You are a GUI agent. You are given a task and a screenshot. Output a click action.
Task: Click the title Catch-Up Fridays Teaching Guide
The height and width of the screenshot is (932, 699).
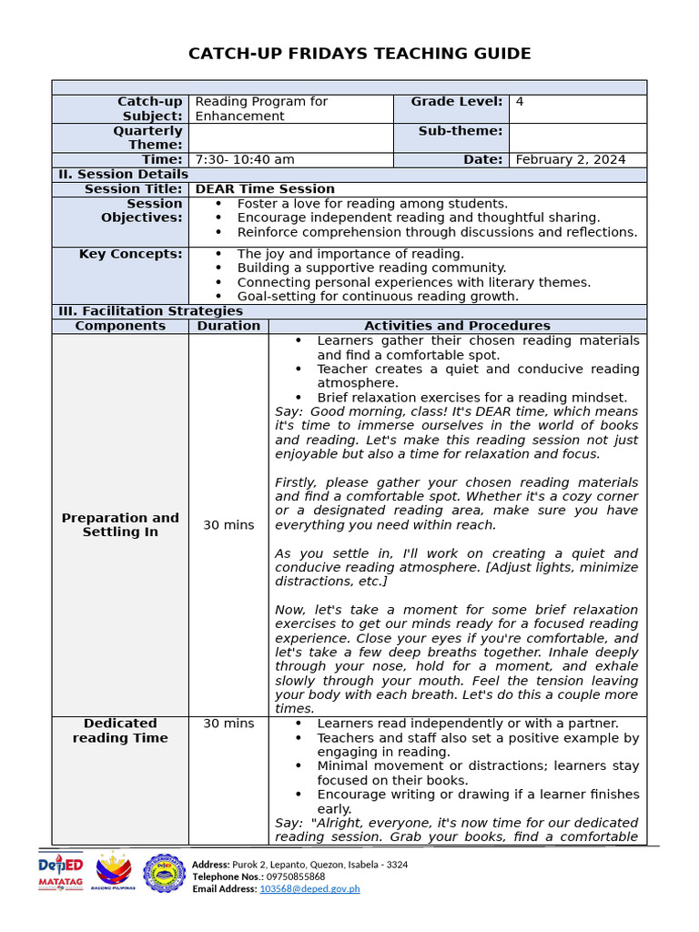pyautogui.click(x=360, y=54)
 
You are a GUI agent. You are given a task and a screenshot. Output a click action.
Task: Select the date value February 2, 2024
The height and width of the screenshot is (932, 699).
pyautogui.click(x=570, y=159)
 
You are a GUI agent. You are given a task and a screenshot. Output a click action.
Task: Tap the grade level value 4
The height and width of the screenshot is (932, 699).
pyautogui.click(x=520, y=102)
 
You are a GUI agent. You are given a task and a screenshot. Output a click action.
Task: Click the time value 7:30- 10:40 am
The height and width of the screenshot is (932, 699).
pyautogui.click(x=245, y=159)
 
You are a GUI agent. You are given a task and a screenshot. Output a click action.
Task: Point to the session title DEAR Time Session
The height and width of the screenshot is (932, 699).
pyautogui.click(x=265, y=188)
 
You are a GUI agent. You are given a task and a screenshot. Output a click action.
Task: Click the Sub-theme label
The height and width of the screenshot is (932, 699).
pyautogui.click(x=461, y=131)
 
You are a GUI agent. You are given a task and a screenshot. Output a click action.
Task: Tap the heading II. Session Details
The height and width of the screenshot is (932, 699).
pyautogui.click(x=123, y=174)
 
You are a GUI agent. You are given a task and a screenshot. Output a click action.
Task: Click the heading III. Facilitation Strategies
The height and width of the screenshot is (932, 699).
pyautogui.click(x=150, y=311)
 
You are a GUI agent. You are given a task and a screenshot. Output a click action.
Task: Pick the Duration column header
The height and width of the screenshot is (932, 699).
pyautogui.click(x=228, y=326)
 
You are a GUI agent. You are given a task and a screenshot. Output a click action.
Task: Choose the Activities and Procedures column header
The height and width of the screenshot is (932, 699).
pyautogui.click(x=457, y=326)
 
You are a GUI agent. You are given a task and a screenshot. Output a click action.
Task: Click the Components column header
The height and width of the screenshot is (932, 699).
pyautogui.click(x=120, y=326)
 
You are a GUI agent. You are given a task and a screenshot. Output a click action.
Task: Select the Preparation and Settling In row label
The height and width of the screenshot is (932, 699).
pyautogui.click(x=120, y=524)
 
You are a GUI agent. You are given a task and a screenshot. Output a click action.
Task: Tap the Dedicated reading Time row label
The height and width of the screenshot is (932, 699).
pyautogui.click(x=120, y=730)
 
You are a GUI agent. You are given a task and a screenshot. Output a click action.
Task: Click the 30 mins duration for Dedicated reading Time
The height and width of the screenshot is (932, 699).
pyautogui.click(x=228, y=724)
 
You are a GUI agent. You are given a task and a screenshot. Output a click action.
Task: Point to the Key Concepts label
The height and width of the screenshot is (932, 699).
pyautogui.click(x=131, y=254)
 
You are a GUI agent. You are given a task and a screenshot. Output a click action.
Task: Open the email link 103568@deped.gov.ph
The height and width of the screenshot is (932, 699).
pyautogui.click(x=309, y=888)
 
